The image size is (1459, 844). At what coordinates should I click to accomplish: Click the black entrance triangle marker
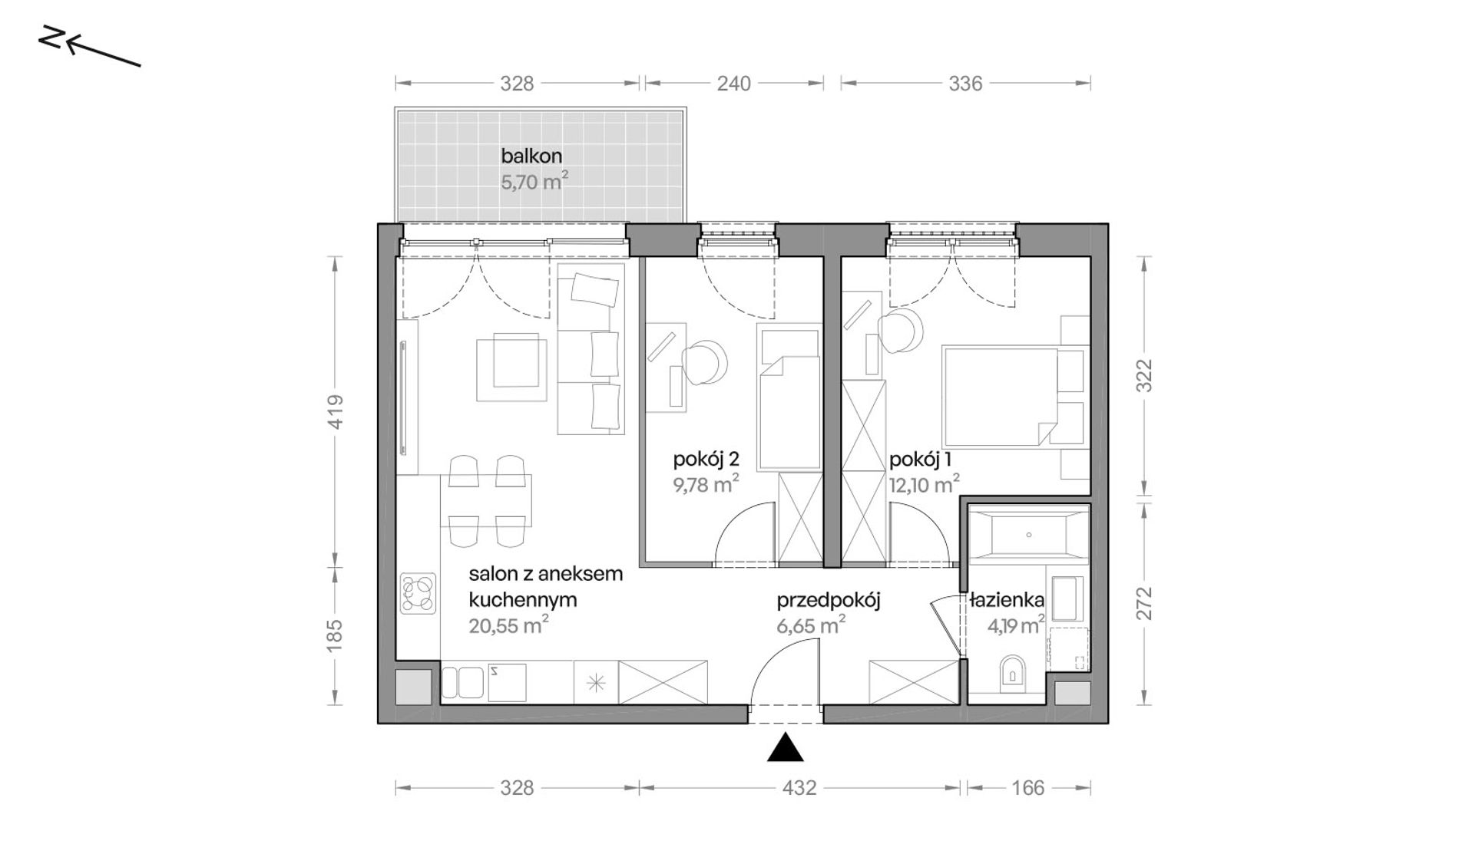(785, 749)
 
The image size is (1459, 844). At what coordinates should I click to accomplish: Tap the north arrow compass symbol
(89, 47)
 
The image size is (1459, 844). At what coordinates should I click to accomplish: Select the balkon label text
(531, 156)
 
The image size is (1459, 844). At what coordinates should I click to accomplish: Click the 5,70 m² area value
(534, 182)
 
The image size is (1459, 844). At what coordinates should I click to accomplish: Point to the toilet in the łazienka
(1013, 671)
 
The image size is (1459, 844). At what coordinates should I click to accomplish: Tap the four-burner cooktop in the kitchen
(418, 593)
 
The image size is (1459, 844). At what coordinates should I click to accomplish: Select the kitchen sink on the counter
(484, 682)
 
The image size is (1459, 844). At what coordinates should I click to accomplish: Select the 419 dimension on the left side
(335, 412)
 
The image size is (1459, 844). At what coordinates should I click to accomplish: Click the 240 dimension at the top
(733, 83)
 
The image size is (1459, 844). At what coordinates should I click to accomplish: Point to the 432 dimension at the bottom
(799, 787)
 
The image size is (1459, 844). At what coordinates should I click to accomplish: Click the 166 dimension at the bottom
(1028, 787)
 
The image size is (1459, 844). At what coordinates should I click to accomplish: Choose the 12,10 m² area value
(925, 484)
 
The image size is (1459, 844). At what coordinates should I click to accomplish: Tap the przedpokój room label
(828, 600)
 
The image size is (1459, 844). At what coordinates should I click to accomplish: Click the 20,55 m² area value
(508, 625)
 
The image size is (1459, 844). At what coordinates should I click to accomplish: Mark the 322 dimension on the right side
(1144, 376)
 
